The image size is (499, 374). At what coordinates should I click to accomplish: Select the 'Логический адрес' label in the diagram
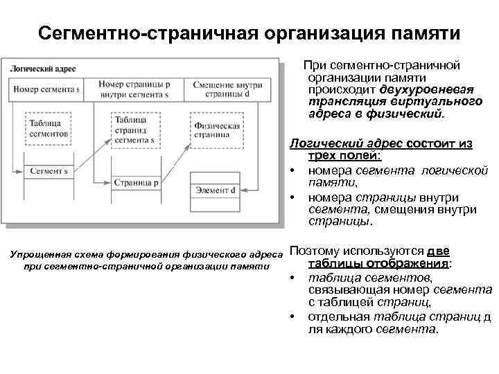point(43,69)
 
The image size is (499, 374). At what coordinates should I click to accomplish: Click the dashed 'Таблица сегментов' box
point(48,127)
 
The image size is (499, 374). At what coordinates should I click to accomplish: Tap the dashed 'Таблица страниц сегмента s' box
point(135,130)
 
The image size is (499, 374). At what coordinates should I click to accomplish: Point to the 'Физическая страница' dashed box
point(218,131)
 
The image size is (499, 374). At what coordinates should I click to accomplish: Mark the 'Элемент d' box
point(216,190)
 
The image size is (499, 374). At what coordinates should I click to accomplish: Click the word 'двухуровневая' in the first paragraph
point(427,89)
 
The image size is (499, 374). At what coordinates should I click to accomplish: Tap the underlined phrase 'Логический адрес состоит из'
point(380,143)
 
